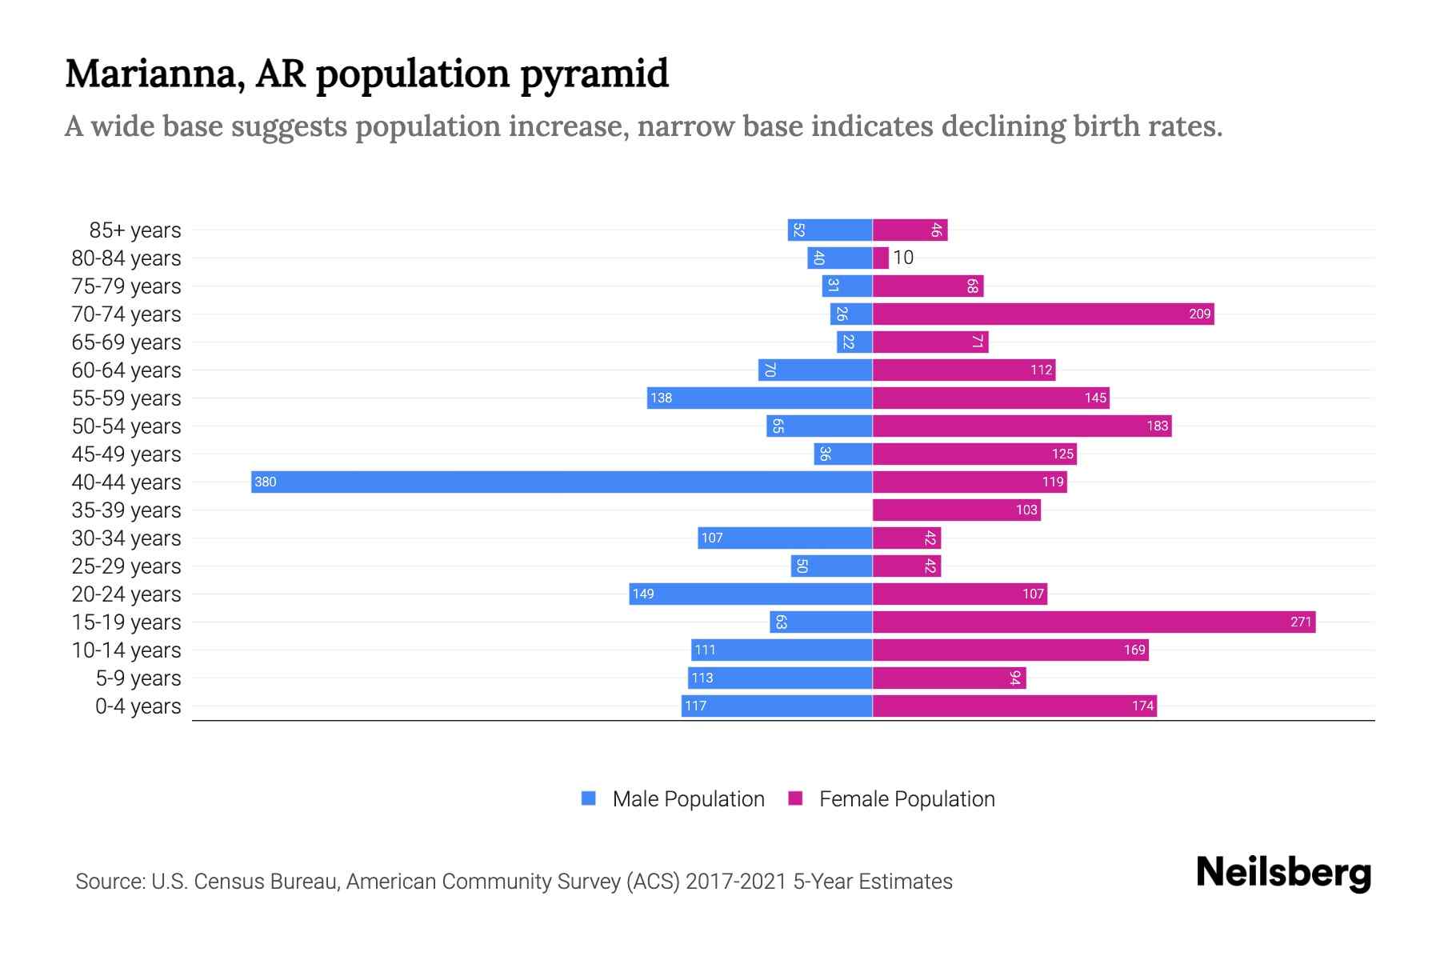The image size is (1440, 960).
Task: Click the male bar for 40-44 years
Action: tap(560, 482)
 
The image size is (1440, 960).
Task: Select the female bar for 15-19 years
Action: tap(1093, 622)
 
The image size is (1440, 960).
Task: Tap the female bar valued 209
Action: tap(1042, 314)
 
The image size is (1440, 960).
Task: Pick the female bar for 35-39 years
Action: tap(956, 510)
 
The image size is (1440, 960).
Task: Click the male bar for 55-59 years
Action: tap(759, 398)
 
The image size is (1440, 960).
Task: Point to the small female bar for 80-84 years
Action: tap(880, 258)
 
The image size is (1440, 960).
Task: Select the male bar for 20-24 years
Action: tap(750, 594)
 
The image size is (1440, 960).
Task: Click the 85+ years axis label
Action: tap(134, 230)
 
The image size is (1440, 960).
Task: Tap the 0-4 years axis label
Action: tap(138, 706)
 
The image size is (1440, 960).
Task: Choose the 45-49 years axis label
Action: tap(126, 454)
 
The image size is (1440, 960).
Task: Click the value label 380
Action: tap(265, 482)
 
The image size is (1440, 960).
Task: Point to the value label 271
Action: tap(1301, 622)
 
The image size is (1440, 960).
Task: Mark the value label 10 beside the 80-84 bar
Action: tap(903, 258)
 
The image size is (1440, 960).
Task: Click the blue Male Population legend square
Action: tap(589, 798)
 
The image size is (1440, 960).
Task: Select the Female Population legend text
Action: tap(906, 798)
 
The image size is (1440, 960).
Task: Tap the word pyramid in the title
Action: tap(594, 74)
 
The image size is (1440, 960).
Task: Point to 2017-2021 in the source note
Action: tap(736, 882)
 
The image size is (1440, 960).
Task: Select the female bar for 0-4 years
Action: tap(1014, 706)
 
